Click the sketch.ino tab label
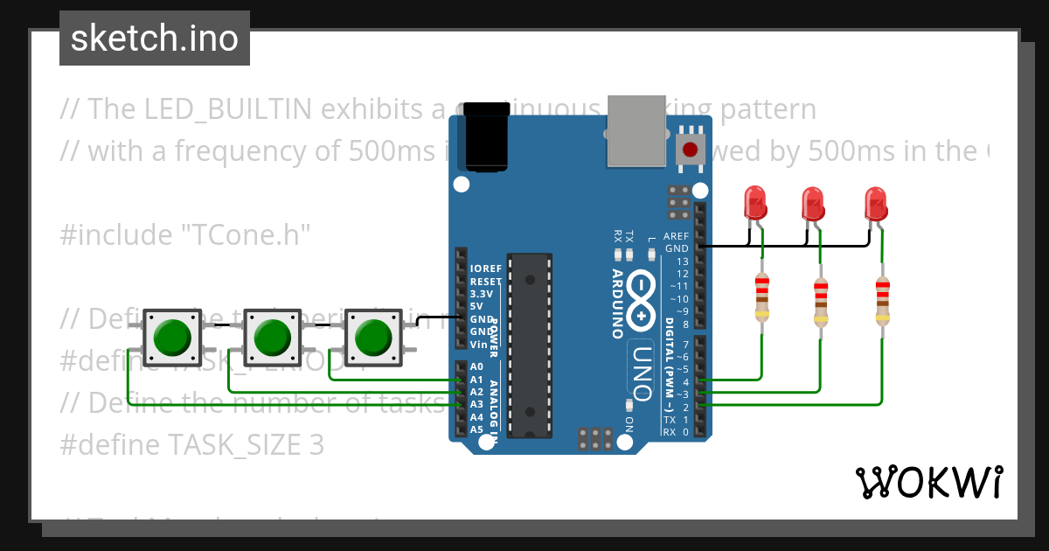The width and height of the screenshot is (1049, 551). tap(155, 38)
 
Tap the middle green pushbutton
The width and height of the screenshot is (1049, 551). tap(273, 337)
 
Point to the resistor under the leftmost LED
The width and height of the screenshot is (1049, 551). tap(762, 297)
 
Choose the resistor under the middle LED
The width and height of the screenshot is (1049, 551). tap(821, 302)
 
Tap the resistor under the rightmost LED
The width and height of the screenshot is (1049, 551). tap(882, 302)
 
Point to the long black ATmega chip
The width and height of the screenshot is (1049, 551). tap(531, 345)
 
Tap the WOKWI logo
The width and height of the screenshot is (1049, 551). tap(929, 483)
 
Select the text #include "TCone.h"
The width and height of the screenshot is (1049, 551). tap(185, 235)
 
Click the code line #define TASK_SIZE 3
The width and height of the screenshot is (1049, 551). tap(192, 445)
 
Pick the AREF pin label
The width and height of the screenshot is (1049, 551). tap(677, 236)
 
